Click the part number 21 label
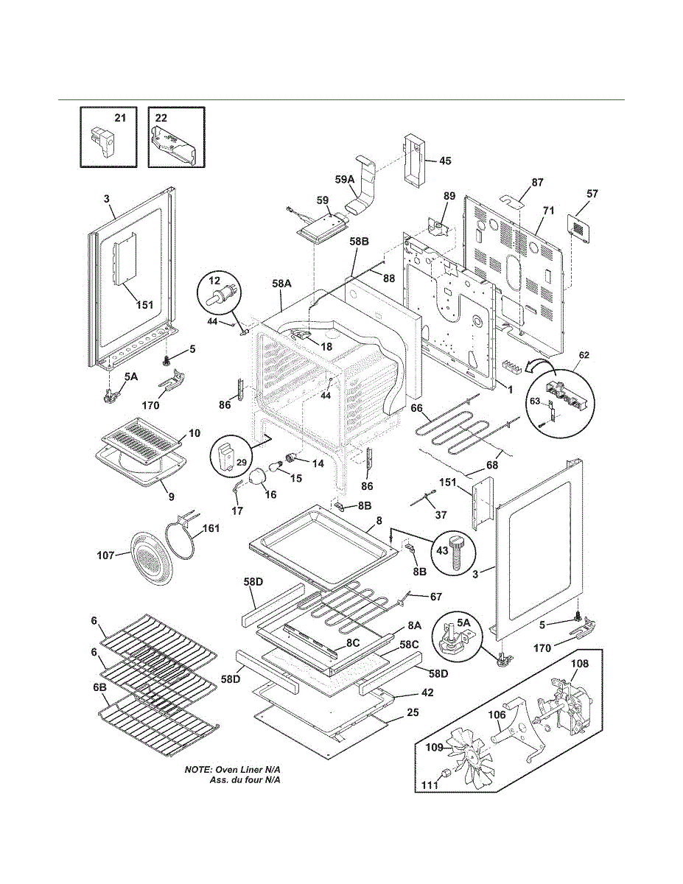120,118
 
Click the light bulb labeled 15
275,465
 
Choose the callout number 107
105,555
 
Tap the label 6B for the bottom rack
99,687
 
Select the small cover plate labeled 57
579,228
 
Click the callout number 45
446,161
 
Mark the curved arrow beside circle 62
540,365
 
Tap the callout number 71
548,211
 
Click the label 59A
345,180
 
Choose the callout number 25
413,712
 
